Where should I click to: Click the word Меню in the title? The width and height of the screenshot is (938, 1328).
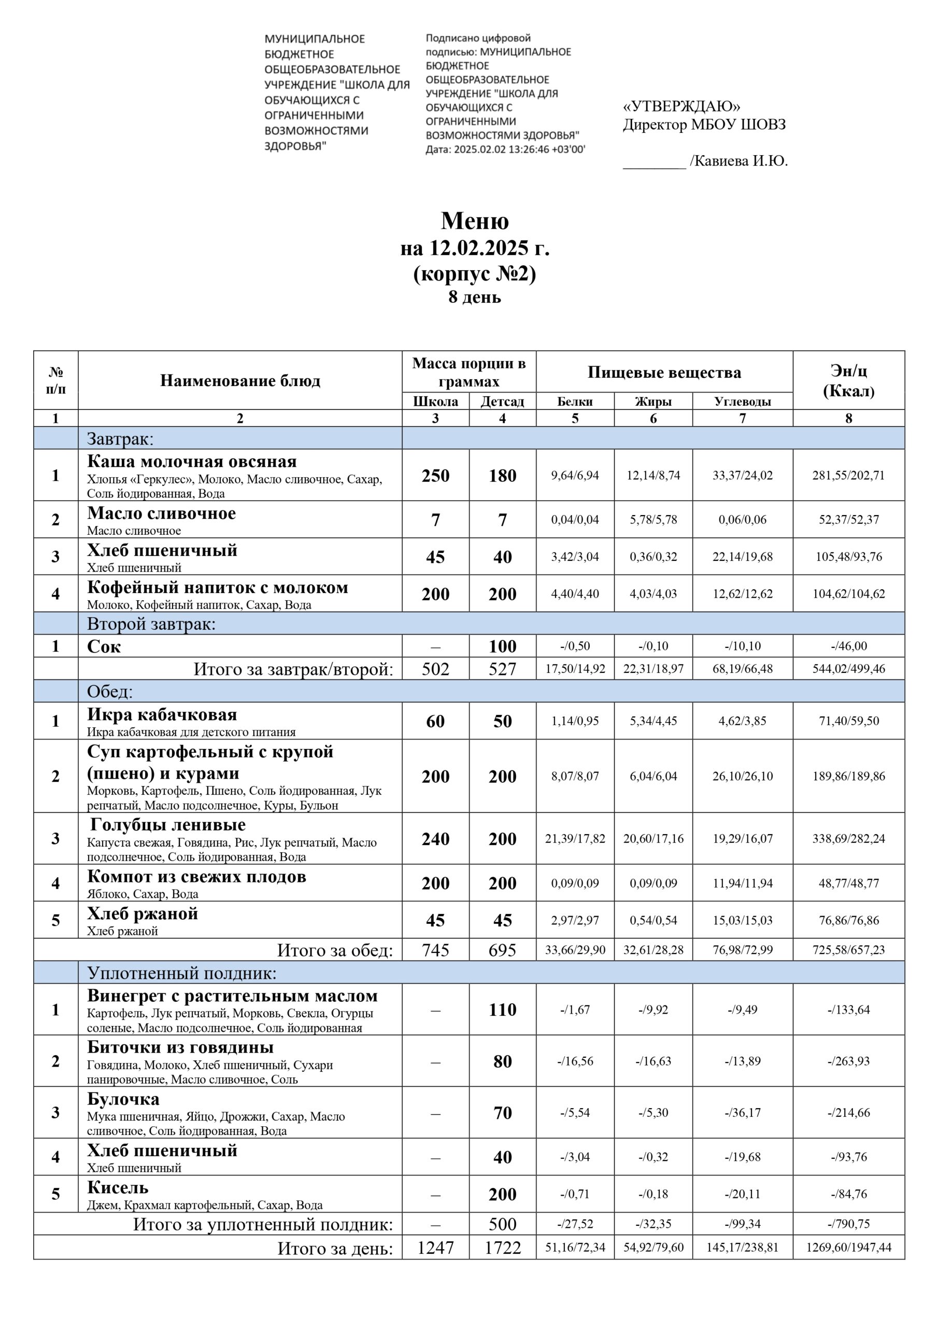pyautogui.click(x=475, y=221)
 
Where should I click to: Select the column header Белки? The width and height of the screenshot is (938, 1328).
pyautogui.click(x=575, y=402)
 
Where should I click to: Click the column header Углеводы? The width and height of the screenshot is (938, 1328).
pyautogui.click(x=742, y=402)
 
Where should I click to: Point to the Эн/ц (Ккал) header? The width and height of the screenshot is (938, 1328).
pyautogui.click(x=848, y=381)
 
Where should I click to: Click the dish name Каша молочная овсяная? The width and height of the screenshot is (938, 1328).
pyautogui.click(x=192, y=462)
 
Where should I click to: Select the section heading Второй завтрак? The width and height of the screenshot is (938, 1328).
pyautogui.click(x=151, y=624)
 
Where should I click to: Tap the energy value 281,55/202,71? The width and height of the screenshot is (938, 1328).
pyautogui.click(x=848, y=476)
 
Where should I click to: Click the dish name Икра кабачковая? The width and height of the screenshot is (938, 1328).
pyautogui.click(x=162, y=715)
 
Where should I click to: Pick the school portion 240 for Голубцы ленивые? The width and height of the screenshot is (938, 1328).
pyautogui.click(x=435, y=839)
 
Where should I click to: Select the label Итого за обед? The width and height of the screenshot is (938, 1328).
pyautogui.click(x=335, y=950)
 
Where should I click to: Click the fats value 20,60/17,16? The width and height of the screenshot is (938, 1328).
pyautogui.click(x=653, y=839)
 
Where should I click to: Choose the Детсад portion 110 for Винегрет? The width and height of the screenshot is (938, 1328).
pyautogui.click(x=502, y=1010)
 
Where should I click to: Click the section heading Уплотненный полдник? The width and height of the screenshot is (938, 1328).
pyautogui.click(x=181, y=974)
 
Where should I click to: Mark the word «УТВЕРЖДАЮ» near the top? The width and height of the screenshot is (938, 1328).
pyautogui.click(x=681, y=106)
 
